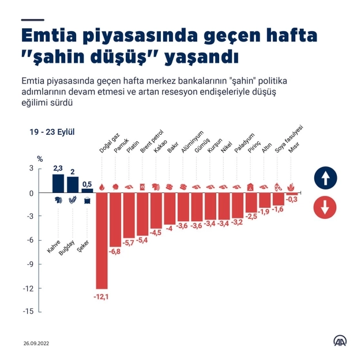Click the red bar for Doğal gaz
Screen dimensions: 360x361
pos(102,240)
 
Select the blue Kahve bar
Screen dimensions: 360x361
pos(58,183)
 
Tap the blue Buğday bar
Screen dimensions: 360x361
pos(73,184)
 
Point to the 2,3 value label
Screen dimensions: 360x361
pos(58,168)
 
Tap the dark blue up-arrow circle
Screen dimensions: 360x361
pos(325,178)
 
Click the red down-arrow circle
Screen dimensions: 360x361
pos(325,207)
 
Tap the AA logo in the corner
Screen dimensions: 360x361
pos(340,340)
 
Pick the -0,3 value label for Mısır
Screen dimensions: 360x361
pos(292,200)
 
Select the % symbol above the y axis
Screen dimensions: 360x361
pos(40,158)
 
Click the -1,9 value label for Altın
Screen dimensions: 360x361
pos(265,212)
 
